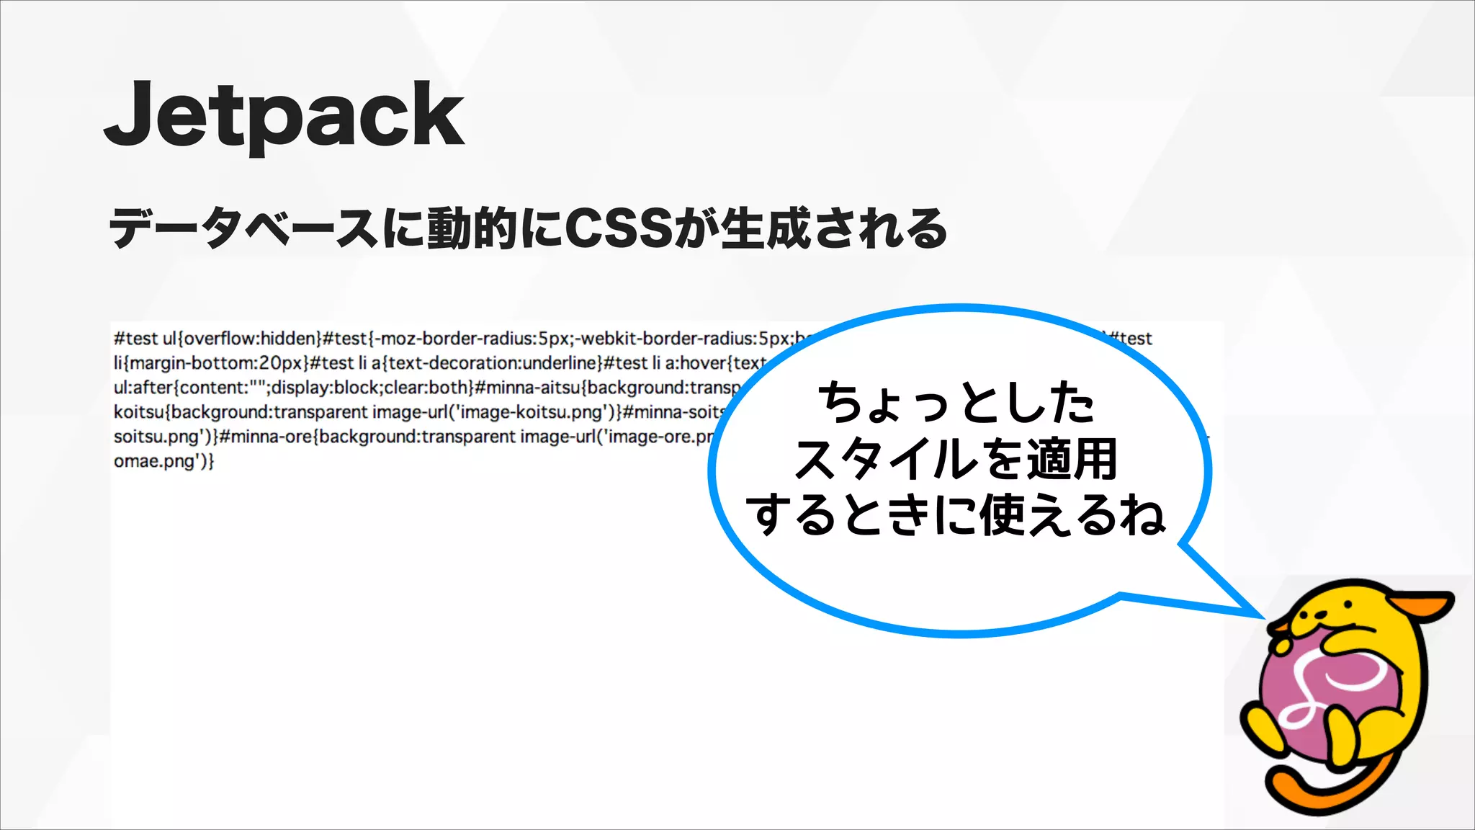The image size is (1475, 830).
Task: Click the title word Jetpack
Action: (x=284, y=115)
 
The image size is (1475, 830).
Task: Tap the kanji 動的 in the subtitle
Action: (x=472, y=228)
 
